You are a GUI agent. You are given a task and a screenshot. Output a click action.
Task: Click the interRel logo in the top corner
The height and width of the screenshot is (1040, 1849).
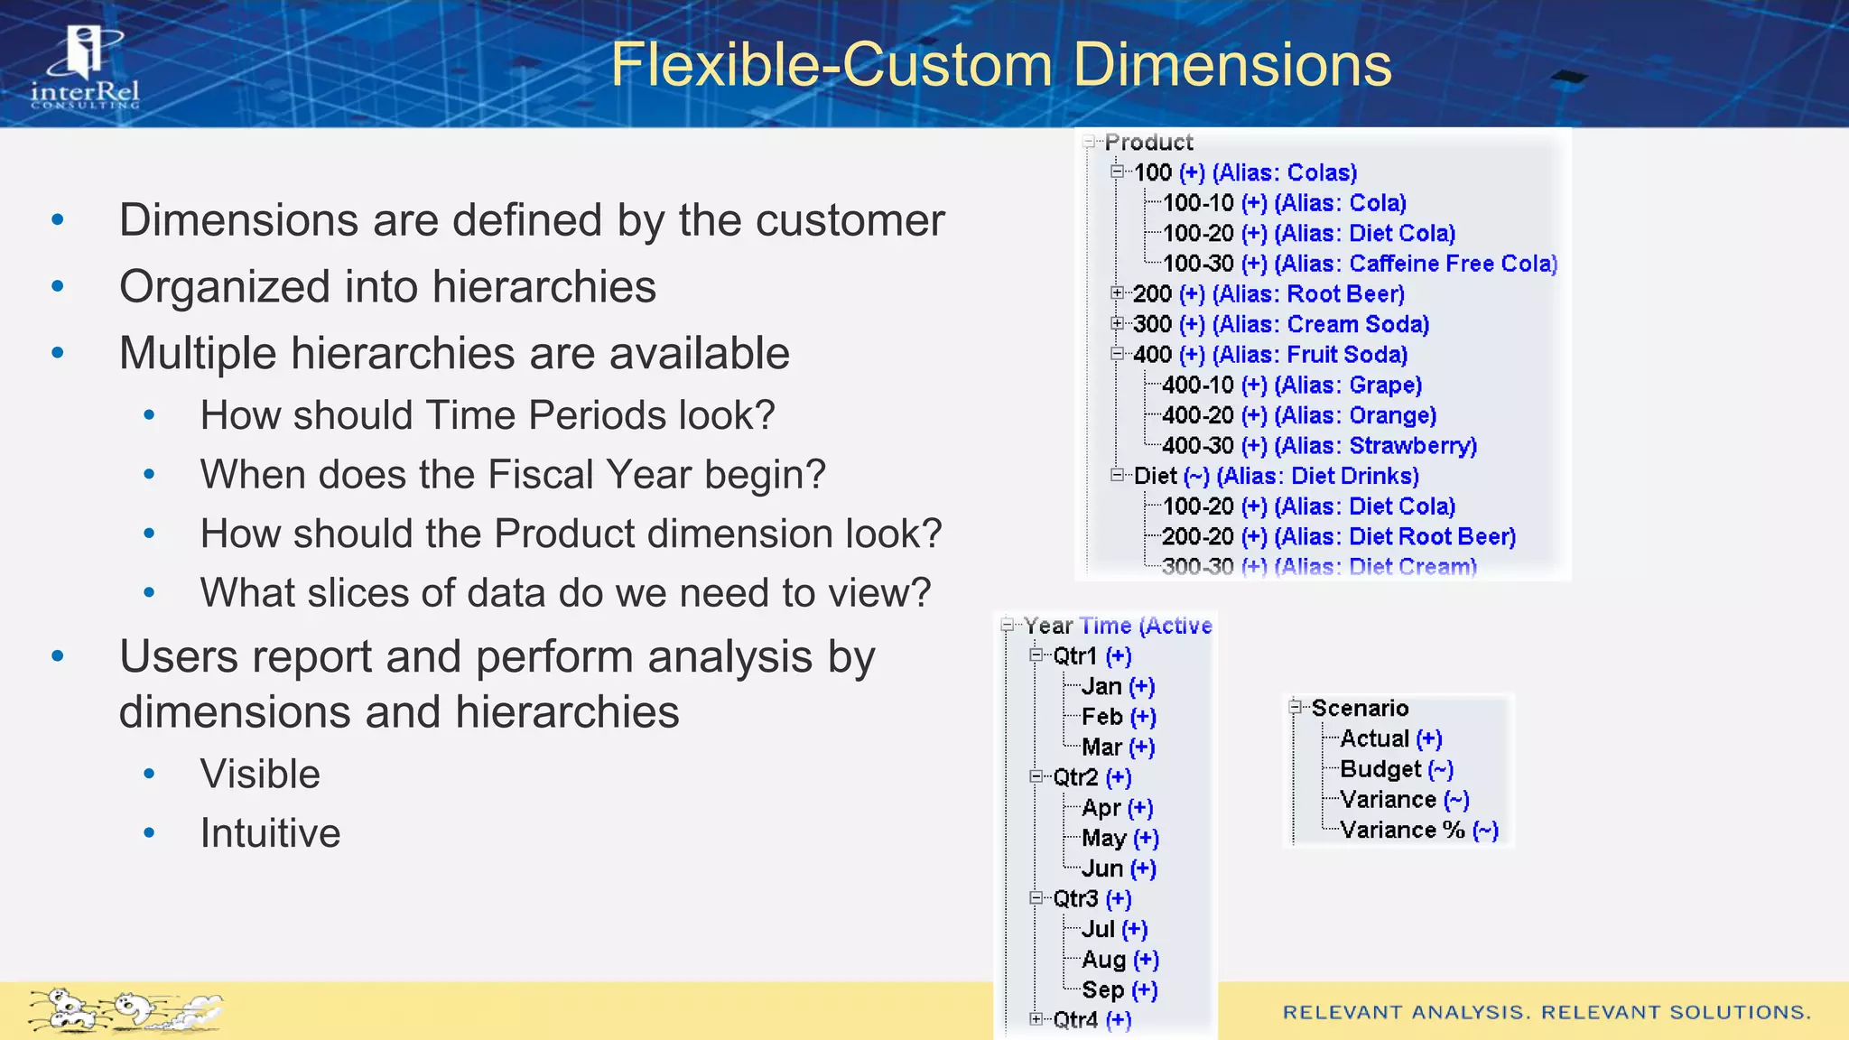[85, 68]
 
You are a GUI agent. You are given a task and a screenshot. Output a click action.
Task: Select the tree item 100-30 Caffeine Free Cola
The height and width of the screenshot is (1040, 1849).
[1359, 264]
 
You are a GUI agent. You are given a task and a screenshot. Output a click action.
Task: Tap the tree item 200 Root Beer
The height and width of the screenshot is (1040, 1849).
[1268, 294]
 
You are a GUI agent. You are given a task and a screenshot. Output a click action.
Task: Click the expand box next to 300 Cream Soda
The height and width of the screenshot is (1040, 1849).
[1118, 324]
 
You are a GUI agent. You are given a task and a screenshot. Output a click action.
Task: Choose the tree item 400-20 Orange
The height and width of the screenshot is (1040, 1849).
[1298, 415]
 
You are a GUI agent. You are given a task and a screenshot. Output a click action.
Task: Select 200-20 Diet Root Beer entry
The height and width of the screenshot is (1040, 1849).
[1338, 536]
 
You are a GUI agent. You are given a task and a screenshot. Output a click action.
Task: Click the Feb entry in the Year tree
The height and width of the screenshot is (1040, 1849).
[1118, 717]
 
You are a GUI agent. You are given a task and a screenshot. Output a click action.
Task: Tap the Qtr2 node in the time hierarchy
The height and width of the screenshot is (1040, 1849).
[1091, 777]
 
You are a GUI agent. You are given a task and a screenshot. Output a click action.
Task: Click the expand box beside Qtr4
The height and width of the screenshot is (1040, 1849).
[1036, 1019]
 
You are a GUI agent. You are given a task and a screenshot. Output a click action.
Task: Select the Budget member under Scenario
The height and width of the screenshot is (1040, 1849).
[1396, 769]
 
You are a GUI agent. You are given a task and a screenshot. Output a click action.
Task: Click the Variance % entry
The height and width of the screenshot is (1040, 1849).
[1418, 830]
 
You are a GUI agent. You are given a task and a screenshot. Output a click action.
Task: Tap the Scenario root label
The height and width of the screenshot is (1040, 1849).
[1359, 709]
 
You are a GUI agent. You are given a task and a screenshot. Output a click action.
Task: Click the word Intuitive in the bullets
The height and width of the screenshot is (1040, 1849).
[270, 832]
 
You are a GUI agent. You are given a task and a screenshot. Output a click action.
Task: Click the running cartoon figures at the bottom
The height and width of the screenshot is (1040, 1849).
[126, 1010]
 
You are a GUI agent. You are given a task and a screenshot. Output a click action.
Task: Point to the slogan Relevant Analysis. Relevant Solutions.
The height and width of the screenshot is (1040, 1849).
[1547, 1012]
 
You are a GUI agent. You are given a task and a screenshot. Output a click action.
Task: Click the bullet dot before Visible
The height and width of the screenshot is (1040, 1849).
[150, 775]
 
